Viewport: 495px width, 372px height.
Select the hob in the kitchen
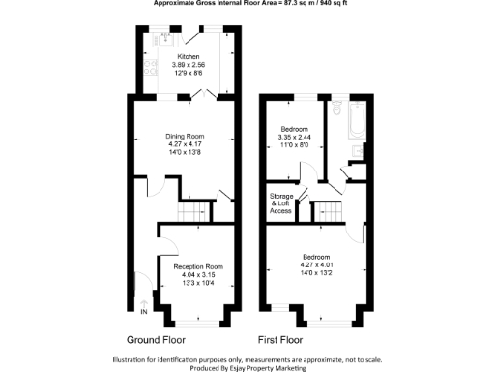point(145,69)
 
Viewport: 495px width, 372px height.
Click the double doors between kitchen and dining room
point(200,95)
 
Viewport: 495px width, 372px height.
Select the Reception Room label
point(198,266)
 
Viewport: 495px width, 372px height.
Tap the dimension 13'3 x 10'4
point(198,284)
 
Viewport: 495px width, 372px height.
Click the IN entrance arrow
point(144,312)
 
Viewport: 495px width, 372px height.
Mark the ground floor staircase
point(191,213)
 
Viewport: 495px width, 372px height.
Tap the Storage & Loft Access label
point(281,203)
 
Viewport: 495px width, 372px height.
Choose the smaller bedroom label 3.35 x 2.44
point(295,138)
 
